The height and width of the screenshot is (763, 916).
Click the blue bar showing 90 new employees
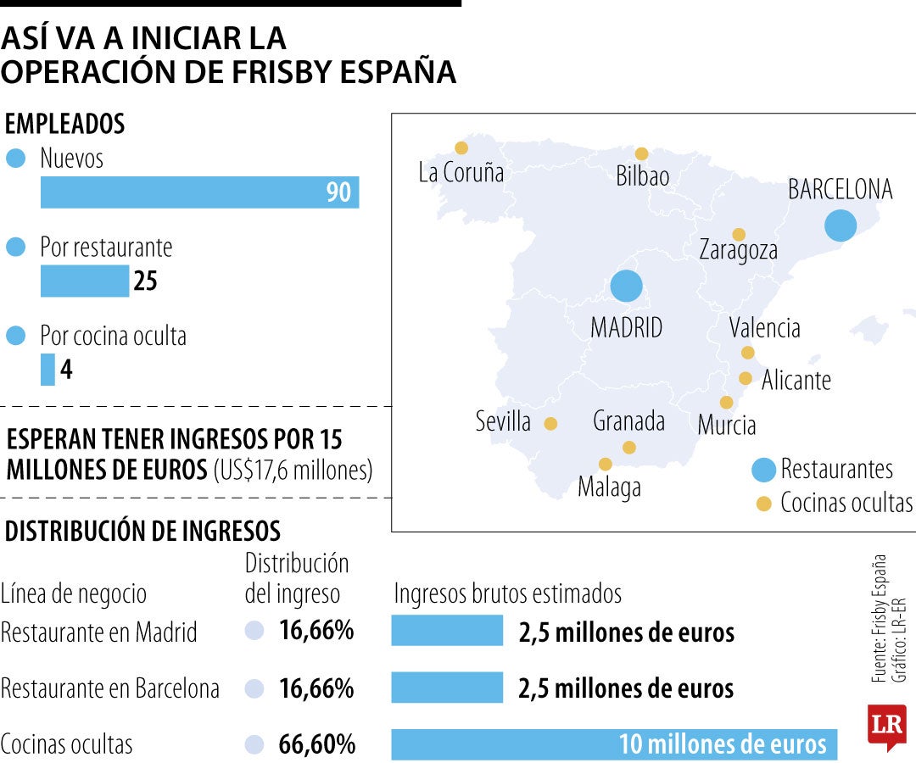coord(199,192)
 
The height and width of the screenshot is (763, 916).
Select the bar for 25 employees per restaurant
coord(85,281)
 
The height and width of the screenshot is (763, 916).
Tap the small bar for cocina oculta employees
coord(47,370)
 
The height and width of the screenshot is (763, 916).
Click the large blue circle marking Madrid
coord(627,286)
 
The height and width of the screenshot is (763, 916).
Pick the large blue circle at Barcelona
coord(841,226)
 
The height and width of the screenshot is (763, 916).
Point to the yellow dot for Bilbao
coord(641,153)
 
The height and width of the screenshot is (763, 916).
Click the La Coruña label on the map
coord(461,173)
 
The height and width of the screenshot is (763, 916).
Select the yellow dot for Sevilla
coord(550,423)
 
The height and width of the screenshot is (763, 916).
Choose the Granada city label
coord(628,420)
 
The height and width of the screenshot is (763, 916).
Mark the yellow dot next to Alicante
coord(745,378)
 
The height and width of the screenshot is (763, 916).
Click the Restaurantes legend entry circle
coord(763,469)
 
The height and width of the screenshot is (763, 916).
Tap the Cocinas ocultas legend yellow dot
coord(763,504)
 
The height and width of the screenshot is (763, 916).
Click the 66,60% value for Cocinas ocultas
coord(317,744)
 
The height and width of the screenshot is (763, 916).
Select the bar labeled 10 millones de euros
coord(614,744)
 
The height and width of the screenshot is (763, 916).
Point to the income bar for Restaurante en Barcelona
coord(447,688)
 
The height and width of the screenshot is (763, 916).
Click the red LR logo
coord(886,726)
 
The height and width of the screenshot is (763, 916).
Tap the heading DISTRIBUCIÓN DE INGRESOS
coord(142,532)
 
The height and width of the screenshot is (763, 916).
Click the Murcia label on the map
coord(726,425)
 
